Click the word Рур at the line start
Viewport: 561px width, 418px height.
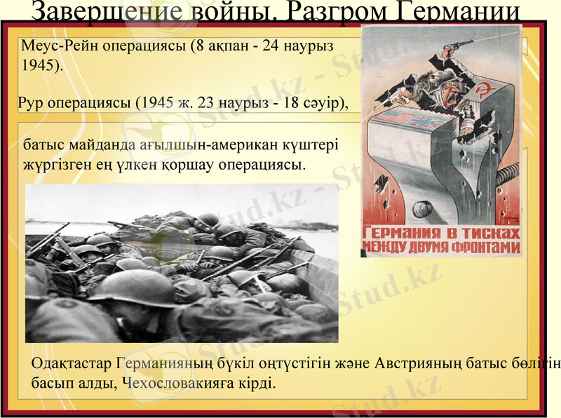31,103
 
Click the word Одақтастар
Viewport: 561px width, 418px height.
71,364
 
